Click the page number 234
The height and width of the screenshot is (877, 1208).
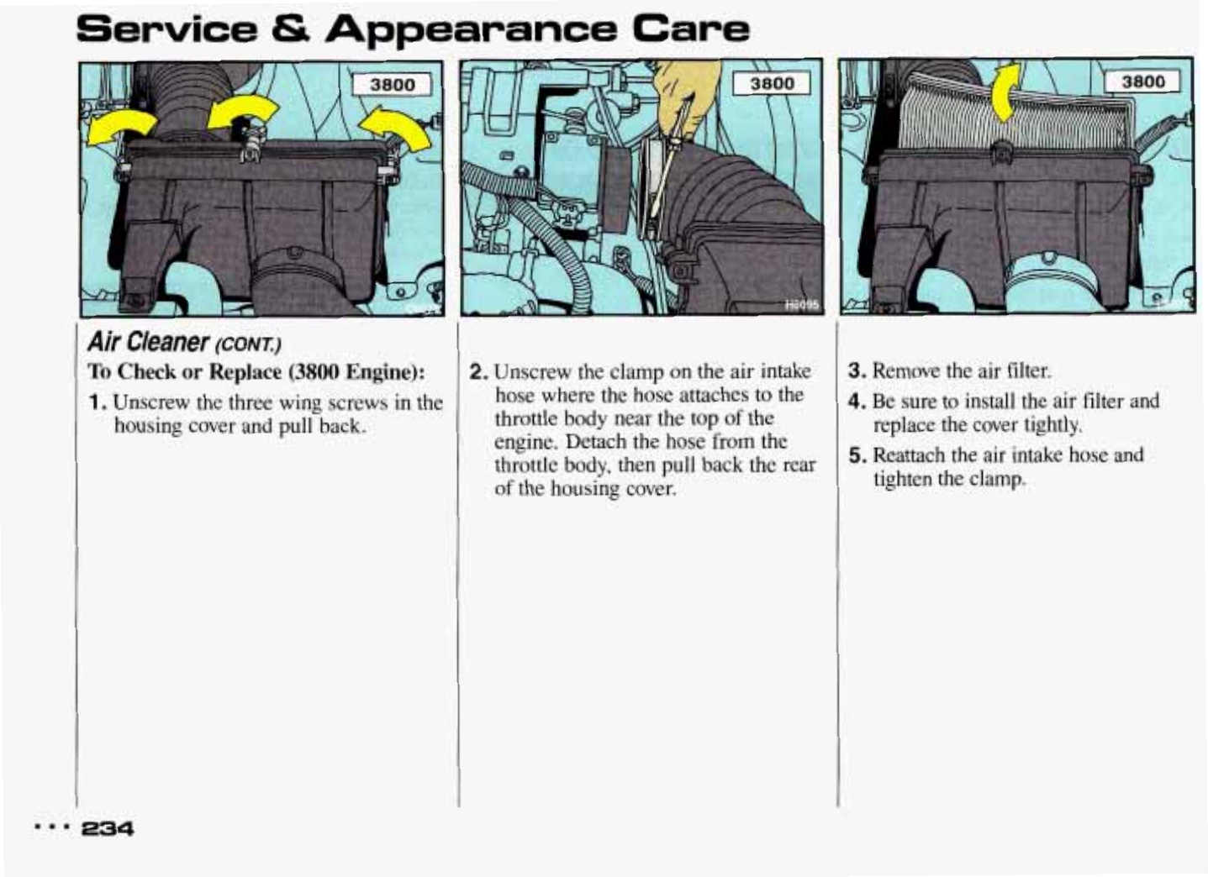[x=107, y=828]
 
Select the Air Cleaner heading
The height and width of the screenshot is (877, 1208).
[x=148, y=342]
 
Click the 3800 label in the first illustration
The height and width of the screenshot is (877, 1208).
[x=393, y=85]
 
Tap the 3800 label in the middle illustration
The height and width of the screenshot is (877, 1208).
[x=771, y=83]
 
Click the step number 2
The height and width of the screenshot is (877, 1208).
[x=477, y=371]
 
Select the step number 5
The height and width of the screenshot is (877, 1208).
[x=856, y=456]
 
